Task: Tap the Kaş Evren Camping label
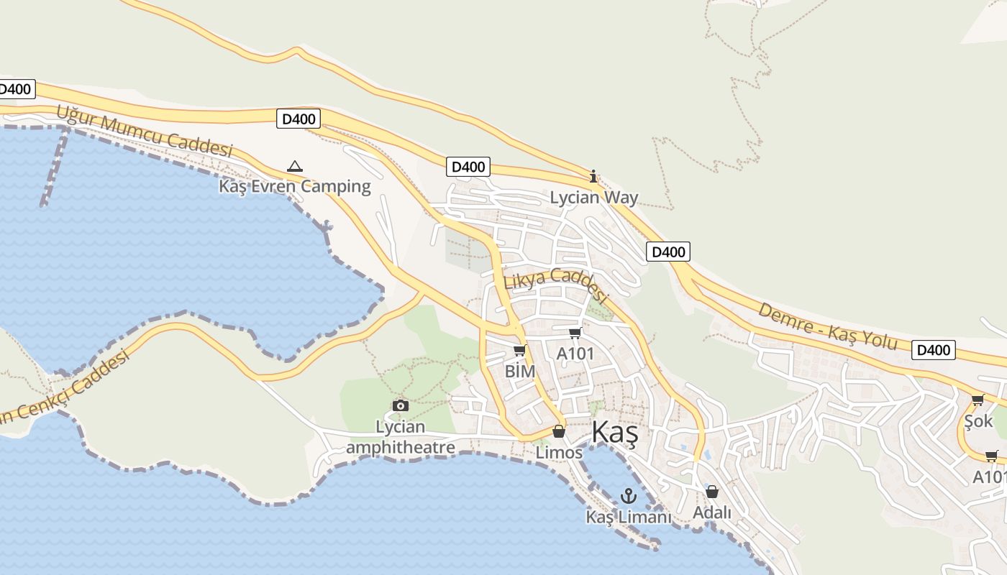[x=295, y=187]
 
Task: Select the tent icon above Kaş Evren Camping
[x=295, y=167]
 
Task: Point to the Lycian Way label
[x=594, y=197]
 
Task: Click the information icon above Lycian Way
[x=593, y=176]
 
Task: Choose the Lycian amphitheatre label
[x=401, y=437]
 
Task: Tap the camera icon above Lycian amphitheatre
[x=401, y=406]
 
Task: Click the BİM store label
[x=520, y=372]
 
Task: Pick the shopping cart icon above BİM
[x=520, y=351]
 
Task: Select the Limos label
[x=559, y=453]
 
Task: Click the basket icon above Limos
[x=559, y=431]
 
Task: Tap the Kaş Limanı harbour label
[x=629, y=517]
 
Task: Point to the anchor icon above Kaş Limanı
[x=629, y=496]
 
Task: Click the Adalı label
[x=712, y=512]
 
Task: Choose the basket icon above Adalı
[x=712, y=492]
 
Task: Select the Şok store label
[x=978, y=420]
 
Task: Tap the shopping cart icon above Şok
[x=978, y=400]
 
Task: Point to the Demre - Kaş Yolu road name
[x=828, y=326]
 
